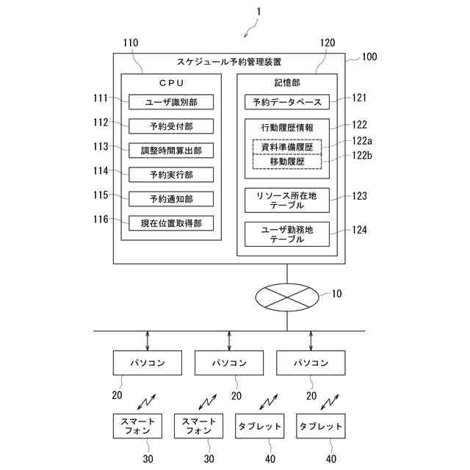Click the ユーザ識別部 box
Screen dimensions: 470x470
click(171, 101)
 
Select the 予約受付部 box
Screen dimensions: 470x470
click(171, 126)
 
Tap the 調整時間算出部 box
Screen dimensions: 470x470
click(171, 150)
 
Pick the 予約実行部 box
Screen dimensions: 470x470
click(171, 174)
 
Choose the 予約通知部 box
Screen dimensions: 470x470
click(171, 198)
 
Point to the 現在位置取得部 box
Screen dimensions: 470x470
click(171, 223)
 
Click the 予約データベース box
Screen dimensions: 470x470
click(287, 101)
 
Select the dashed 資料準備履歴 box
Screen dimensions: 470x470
click(287, 147)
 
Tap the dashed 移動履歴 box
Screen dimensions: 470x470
click(287, 161)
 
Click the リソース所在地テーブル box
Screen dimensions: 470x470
click(287, 200)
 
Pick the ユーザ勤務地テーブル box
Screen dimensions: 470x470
click(287, 234)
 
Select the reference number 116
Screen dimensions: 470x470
click(100, 219)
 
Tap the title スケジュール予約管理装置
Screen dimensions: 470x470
click(229, 62)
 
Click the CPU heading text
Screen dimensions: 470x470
click(171, 82)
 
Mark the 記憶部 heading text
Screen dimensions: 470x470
click(287, 82)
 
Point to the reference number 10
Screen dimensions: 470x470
click(336, 294)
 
